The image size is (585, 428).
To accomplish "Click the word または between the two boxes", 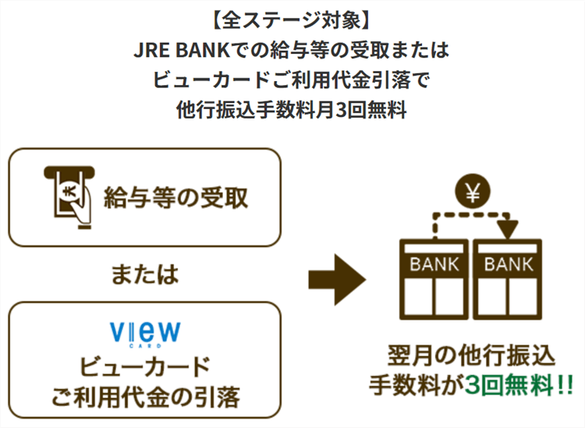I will pos(144,274).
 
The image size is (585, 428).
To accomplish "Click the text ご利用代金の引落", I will pos(144,397).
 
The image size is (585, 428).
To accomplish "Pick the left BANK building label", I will pos(434,264).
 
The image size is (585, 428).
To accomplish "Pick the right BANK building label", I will pos(509,264).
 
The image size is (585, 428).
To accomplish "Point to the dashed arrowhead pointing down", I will pos(508,230).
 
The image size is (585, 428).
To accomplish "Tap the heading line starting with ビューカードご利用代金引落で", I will pos(292,80).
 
